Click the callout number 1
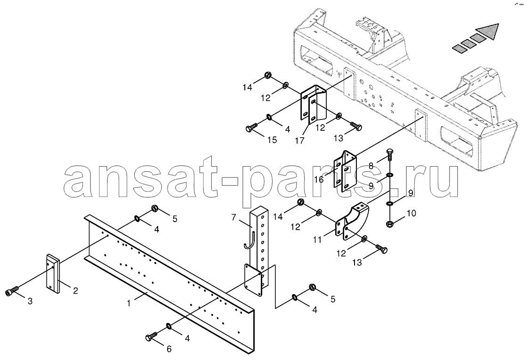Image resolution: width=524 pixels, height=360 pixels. [129, 303]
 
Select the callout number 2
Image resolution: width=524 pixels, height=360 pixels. [75, 291]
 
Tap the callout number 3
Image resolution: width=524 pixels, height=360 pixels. [30, 302]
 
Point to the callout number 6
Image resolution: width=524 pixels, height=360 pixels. [169, 349]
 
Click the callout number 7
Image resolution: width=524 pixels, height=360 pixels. [234, 218]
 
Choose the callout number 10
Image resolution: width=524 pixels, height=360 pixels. [411, 213]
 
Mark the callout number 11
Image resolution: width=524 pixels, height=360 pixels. [317, 240]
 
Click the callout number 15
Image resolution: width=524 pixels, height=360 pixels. [273, 140]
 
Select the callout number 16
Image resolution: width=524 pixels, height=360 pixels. [319, 179]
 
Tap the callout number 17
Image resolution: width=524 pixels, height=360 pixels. [300, 141]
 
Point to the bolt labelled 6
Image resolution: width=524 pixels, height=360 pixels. [152, 336]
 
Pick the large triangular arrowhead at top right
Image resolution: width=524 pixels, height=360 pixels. [488, 31]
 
